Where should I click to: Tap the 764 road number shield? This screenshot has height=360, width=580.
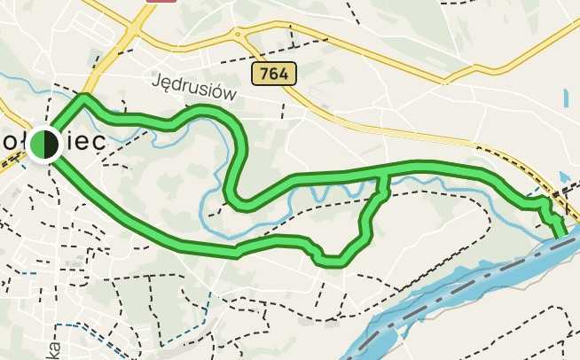[x=274, y=74]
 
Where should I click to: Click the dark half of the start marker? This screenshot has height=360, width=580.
[x=51, y=145]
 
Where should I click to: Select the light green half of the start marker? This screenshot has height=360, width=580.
[x=36, y=145]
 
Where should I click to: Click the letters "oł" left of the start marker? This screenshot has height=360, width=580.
[x=12, y=143]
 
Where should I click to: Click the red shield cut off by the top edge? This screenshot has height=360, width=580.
[x=159, y=2]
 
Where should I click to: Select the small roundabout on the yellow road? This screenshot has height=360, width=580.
[x=239, y=35]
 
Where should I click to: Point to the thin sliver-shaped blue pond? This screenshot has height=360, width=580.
[x=565, y=95]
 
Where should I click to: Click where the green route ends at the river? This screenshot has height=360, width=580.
[x=561, y=234]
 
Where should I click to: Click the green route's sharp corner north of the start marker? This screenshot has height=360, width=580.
[x=84, y=97]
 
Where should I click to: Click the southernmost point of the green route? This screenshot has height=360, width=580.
[x=333, y=262]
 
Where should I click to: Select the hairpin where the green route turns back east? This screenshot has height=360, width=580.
[x=238, y=202]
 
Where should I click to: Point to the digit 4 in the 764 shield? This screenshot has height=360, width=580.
[x=284, y=74]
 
